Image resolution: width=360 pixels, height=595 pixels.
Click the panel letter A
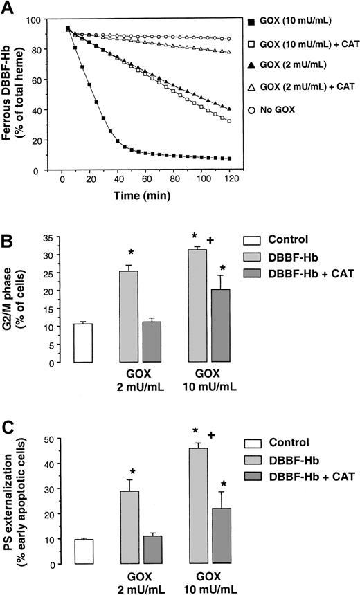9,8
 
